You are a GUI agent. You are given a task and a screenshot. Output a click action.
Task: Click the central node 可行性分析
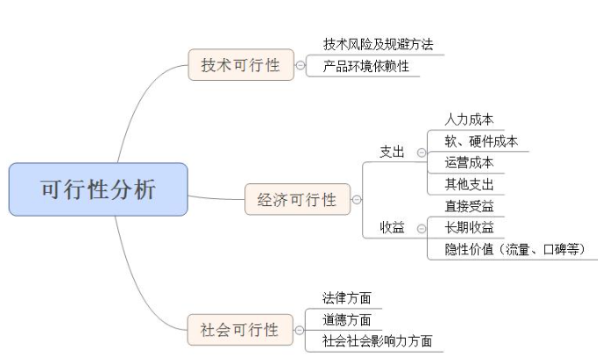pyautogui.click(x=98, y=189)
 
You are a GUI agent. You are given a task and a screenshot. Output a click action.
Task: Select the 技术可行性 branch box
pyautogui.click(x=240, y=64)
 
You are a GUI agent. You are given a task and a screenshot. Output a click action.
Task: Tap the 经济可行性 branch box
pyautogui.click(x=297, y=200)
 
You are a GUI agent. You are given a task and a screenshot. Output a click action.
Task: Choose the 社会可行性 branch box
pyautogui.click(x=240, y=330)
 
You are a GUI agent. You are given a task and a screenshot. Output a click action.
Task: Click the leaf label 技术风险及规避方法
pyautogui.click(x=378, y=44)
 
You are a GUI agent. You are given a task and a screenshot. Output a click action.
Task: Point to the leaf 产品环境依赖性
pyautogui.click(x=365, y=66)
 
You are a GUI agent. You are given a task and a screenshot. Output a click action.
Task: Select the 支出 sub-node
pyautogui.click(x=392, y=151)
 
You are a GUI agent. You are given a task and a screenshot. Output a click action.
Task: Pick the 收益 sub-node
pyautogui.click(x=392, y=227)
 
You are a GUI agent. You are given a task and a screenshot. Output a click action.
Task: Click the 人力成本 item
pyautogui.click(x=469, y=120)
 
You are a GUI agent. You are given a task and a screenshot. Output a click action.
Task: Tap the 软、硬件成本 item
pyautogui.click(x=481, y=141)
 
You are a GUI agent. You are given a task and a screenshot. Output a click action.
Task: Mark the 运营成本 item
pyautogui.click(x=469, y=162)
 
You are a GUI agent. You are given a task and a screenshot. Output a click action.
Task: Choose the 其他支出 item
pyautogui.click(x=469, y=184)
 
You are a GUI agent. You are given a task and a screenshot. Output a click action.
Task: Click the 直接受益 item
pyautogui.click(x=469, y=206)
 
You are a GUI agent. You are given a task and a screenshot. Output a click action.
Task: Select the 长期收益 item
pyautogui.click(x=469, y=227)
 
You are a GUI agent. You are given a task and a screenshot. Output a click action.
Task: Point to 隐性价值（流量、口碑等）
pyautogui.click(x=515, y=249)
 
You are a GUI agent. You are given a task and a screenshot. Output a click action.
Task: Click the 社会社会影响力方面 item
pyautogui.click(x=377, y=341)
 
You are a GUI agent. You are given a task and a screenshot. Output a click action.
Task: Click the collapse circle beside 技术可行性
pyautogui.click(x=301, y=65)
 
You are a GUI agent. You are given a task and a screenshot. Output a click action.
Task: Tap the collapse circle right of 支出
pyautogui.click(x=421, y=152)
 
